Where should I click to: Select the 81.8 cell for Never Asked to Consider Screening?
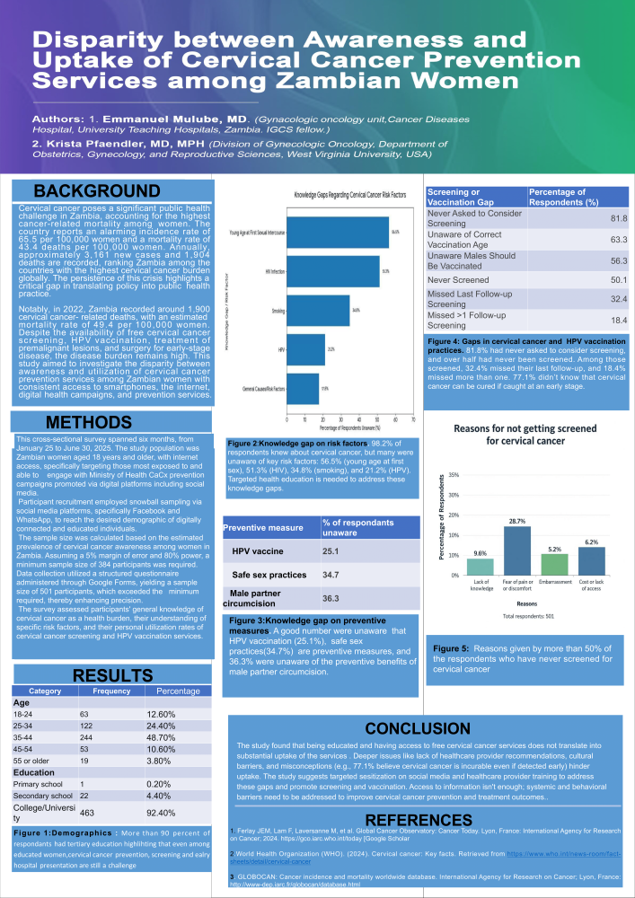click(x=613, y=218)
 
